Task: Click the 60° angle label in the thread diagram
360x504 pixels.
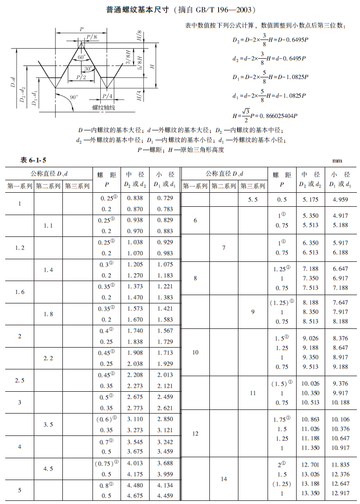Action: [x=82, y=57]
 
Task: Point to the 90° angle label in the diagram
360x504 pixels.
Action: [x=74, y=97]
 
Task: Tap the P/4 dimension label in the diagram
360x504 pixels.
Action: [x=107, y=96]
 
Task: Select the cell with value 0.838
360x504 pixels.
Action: [x=135, y=198]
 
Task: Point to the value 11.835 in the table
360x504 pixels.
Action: [x=340, y=465]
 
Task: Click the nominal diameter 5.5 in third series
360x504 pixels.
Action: [x=253, y=199]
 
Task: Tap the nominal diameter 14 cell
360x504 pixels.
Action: [x=224, y=479]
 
